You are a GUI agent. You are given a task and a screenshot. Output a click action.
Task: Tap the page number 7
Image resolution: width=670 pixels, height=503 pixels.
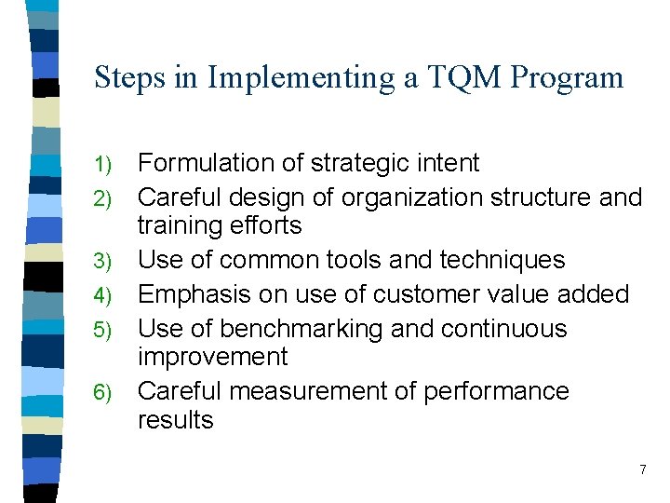[642, 469]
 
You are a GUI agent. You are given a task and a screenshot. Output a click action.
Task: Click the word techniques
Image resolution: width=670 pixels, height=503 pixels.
[487, 260]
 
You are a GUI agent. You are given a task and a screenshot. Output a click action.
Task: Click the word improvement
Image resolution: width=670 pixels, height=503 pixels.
[213, 357]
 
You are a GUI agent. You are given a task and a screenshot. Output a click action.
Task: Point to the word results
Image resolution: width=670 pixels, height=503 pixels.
[175, 419]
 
